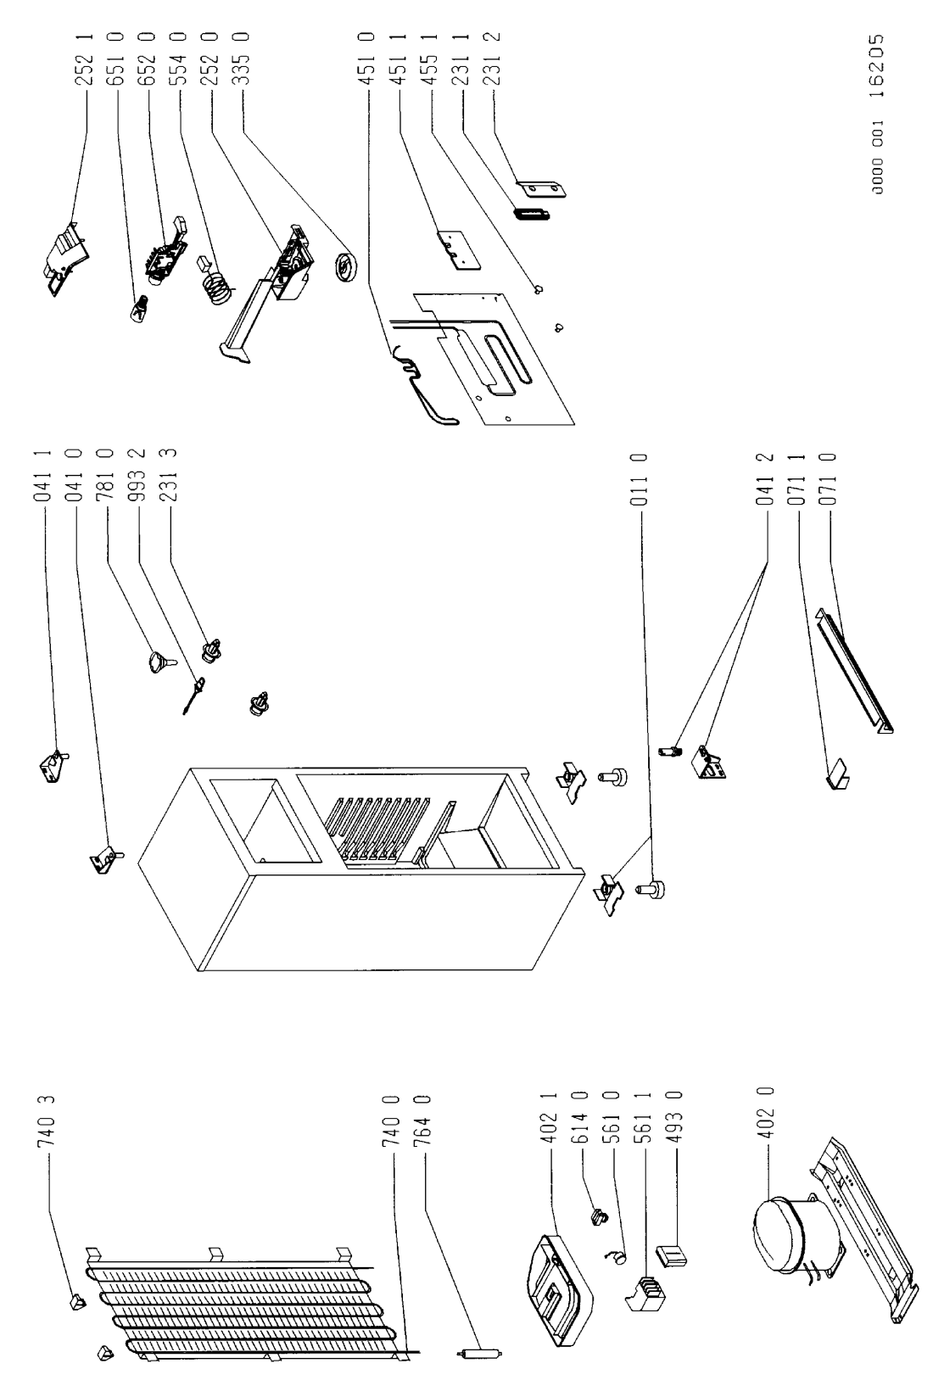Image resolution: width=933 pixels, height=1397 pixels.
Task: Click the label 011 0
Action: [x=641, y=479]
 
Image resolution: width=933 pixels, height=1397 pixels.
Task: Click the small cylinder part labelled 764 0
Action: [x=479, y=1370]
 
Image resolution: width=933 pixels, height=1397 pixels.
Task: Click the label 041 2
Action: [x=767, y=479]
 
